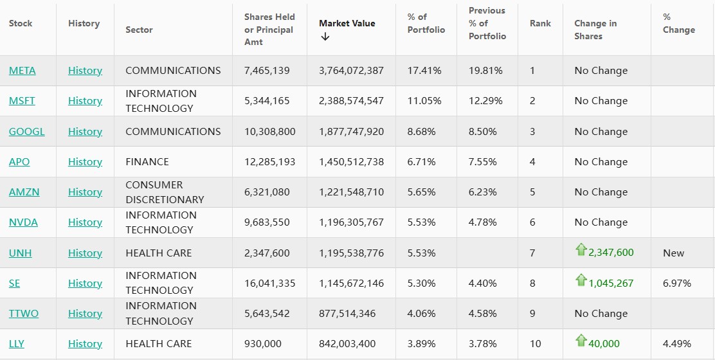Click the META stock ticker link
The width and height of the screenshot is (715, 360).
click(x=23, y=71)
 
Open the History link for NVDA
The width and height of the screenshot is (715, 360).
click(x=85, y=222)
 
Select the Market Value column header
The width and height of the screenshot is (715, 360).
click(x=347, y=23)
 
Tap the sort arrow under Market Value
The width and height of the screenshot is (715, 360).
click(x=325, y=37)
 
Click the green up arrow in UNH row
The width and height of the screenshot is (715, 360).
click(x=581, y=250)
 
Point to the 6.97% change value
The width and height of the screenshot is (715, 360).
click(x=677, y=283)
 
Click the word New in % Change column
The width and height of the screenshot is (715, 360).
click(x=673, y=253)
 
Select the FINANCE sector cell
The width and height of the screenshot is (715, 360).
click(x=147, y=162)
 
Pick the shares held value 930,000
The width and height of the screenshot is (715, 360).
click(x=263, y=344)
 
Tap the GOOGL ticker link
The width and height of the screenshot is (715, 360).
click(x=27, y=132)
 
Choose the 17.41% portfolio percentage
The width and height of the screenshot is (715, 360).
click(x=424, y=71)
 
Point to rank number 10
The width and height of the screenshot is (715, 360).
click(x=536, y=344)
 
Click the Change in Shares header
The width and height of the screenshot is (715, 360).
click(x=595, y=30)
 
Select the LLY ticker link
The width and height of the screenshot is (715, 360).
click(x=17, y=344)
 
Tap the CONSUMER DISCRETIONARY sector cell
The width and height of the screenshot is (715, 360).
click(x=165, y=192)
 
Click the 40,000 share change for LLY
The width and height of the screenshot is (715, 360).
click(x=604, y=344)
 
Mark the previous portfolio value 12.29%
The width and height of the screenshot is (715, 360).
click(x=485, y=101)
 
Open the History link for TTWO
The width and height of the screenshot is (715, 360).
click(x=85, y=314)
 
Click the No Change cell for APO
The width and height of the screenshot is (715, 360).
click(x=601, y=162)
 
